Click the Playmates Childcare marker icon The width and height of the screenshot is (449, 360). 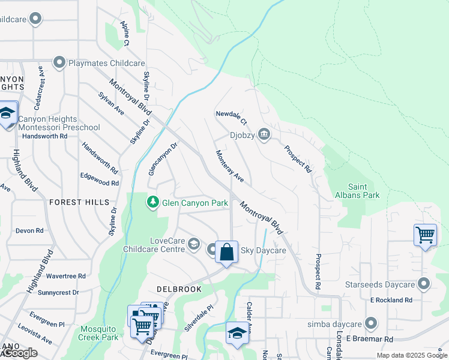point(59,62)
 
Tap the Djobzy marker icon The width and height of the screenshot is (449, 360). point(264,135)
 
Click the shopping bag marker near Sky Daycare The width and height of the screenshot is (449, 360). point(226,251)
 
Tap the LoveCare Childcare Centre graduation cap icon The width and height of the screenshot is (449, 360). point(193,244)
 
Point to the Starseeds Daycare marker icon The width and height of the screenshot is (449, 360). point(424,283)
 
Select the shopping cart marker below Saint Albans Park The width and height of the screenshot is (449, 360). point(425,235)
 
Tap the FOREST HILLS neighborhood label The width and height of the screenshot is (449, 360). point(80,203)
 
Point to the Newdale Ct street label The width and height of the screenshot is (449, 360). point(231,114)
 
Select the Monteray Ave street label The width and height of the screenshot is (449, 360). point(231,166)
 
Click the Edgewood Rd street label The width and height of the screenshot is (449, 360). point(99,179)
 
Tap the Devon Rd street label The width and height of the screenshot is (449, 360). point(29,230)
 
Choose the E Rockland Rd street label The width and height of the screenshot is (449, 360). point(391,299)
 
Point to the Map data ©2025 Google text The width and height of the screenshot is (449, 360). point(411,355)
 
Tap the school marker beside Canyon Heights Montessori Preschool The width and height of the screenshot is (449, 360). point(7,113)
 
